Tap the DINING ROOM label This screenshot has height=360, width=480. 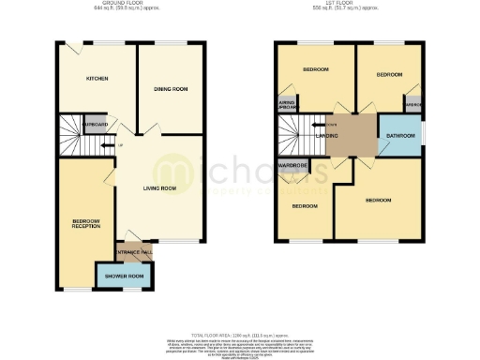pos(172,89)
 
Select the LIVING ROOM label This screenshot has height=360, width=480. pos(159,188)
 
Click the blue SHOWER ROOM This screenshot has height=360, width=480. pos(126,277)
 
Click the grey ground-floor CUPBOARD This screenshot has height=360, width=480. pos(95,125)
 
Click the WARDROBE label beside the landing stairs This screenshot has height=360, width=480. pos(294,166)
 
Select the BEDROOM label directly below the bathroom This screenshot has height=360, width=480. pos(378,201)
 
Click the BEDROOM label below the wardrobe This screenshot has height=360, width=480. pos(304,206)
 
